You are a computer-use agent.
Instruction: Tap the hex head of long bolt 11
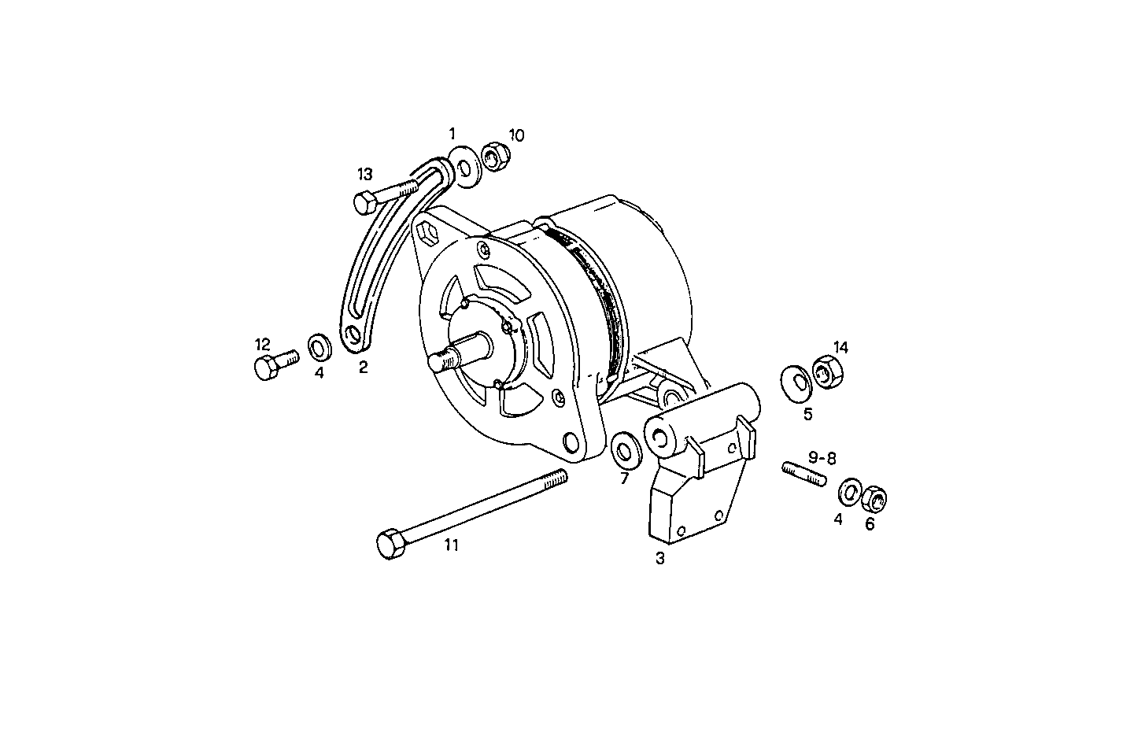tap(388, 545)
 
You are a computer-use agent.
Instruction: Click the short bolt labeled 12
tap(272, 364)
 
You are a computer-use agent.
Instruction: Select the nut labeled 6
tap(874, 498)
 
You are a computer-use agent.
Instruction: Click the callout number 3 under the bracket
tap(660, 559)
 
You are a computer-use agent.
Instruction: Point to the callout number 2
tap(363, 367)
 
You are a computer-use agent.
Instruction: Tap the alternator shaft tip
tap(438, 362)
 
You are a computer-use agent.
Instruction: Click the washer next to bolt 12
tap(319, 345)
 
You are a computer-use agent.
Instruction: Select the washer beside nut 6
tap(849, 492)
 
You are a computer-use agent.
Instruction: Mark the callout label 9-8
tap(822, 456)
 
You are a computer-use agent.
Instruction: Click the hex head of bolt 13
tap(364, 201)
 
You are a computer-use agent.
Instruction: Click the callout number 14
tap(841, 347)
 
